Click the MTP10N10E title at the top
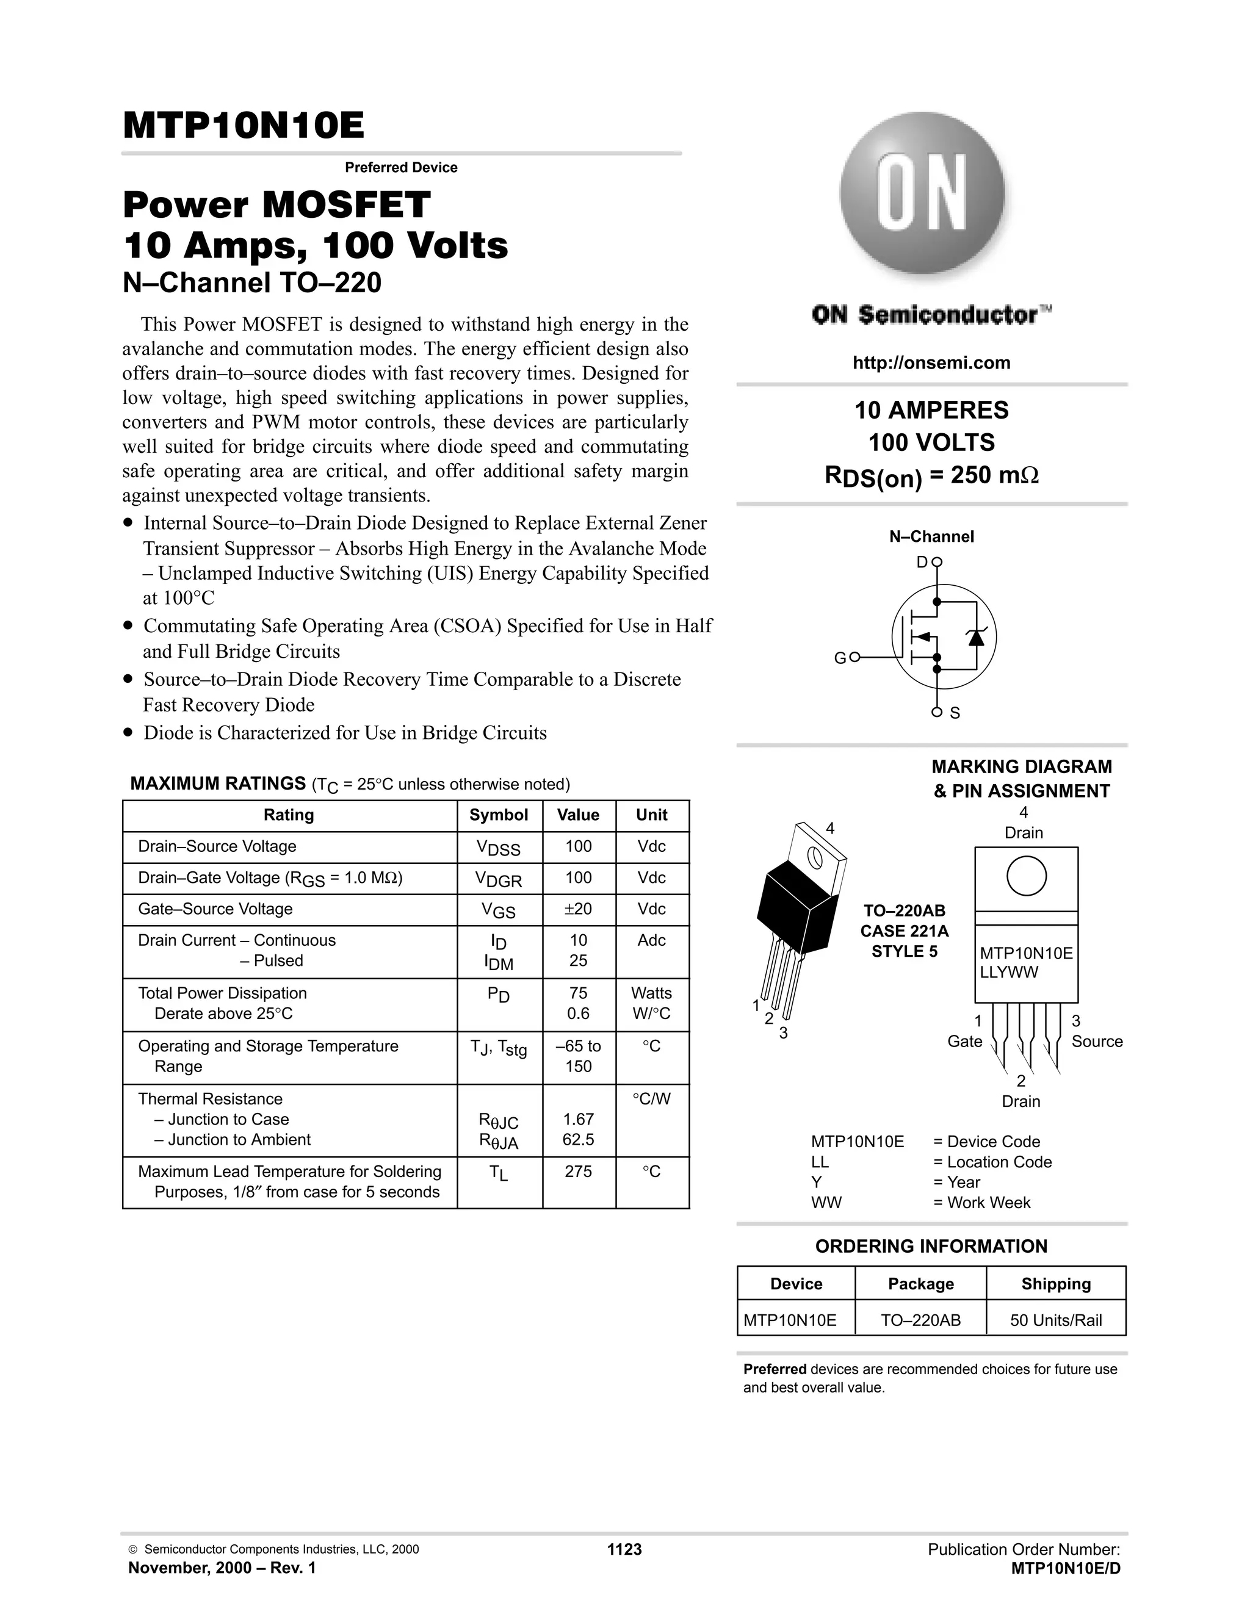pos(243,125)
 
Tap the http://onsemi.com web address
pos(931,363)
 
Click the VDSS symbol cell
pos(499,848)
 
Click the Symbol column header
pos(499,815)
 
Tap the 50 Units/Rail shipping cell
pos(1055,1320)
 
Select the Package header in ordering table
pos(920,1284)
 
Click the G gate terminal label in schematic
pos(839,657)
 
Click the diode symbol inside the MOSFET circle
pos(976,636)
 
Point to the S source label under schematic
pos(955,713)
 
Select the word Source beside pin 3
pos(1097,1041)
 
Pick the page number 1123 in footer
pos(624,1550)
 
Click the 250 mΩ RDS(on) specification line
pos(931,475)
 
